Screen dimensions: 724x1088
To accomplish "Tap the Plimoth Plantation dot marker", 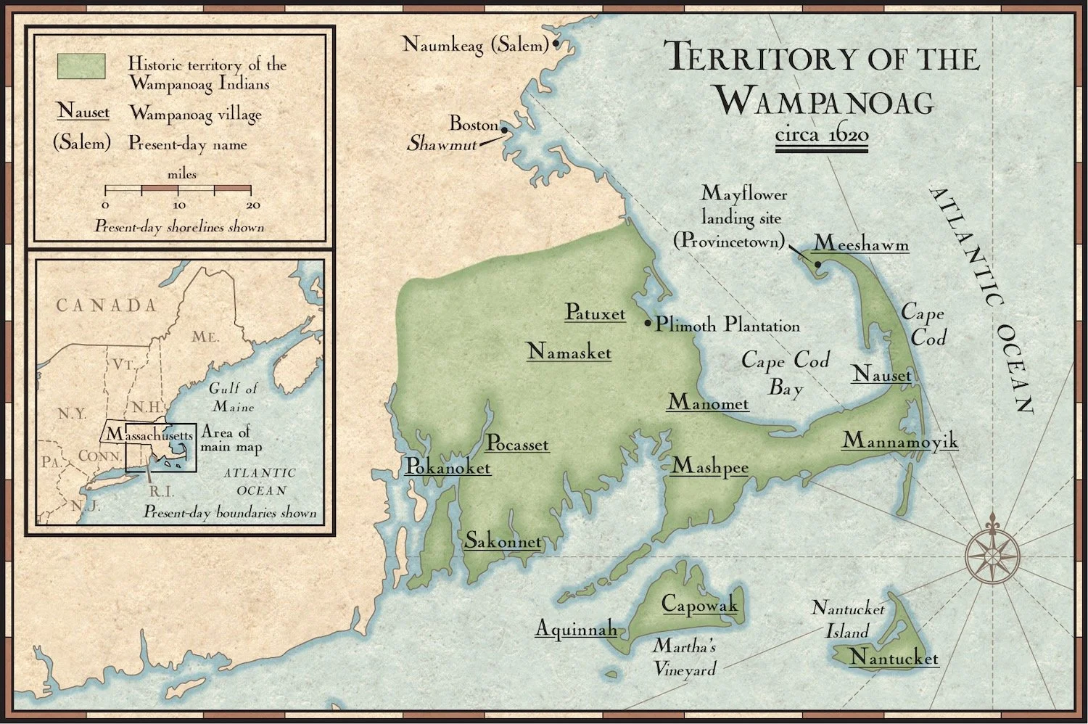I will pyautogui.click(x=648, y=323).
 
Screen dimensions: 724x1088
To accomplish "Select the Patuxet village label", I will pyautogui.click(x=595, y=313).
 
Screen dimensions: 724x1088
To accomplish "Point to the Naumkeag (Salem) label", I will pyautogui.click(x=475, y=45).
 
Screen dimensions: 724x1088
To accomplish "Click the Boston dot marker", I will pyautogui.click(x=504, y=129).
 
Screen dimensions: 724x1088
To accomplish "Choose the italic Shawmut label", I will pyautogui.click(x=442, y=144).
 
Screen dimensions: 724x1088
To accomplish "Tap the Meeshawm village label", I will pyautogui.click(x=861, y=244).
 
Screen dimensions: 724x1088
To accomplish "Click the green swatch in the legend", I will pyautogui.click(x=81, y=66).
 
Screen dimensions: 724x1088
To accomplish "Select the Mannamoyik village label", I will pyautogui.click(x=899, y=440).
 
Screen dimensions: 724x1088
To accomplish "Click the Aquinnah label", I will pyautogui.click(x=576, y=628).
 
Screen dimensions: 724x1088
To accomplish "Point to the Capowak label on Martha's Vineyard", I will pyautogui.click(x=699, y=604).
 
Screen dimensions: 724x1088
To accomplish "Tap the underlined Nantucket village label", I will pyautogui.click(x=894, y=658).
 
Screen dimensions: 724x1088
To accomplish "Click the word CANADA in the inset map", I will pyautogui.click(x=107, y=305).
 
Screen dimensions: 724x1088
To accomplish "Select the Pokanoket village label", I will pyautogui.click(x=448, y=467).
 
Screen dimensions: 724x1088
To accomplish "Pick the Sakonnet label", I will pyautogui.click(x=503, y=540).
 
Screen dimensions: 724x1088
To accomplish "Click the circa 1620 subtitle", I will pyautogui.click(x=821, y=135).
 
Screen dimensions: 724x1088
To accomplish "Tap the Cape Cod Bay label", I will pyautogui.click(x=786, y=373).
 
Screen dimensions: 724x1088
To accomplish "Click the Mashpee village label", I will pyautogui.click(x=709, y=466).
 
